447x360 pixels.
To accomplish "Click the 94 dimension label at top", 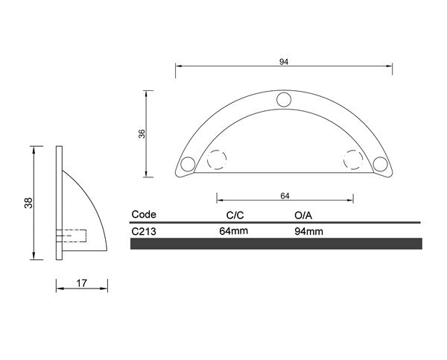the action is coord(284,62).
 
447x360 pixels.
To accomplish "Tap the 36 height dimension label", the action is coord(142,133).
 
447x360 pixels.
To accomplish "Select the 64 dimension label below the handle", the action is coord(285,196).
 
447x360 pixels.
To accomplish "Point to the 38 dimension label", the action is coord(28,203).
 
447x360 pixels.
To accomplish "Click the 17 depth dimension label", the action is coord(81,283).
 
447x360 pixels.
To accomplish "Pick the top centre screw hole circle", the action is coord(284,100).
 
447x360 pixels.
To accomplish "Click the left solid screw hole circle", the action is coord(188,164).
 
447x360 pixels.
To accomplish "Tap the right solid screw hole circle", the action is coord(380,164).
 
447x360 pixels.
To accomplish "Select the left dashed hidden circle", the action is coord(217,160).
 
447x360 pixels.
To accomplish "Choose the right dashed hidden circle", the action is coord(353,160).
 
